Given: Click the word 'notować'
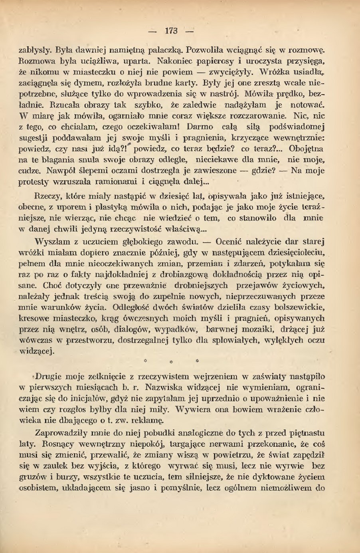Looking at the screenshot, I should click(x=309, y=105).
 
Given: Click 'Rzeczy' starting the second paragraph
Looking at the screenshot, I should click(x=47, y=196).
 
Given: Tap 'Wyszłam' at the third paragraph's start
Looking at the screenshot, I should click(x=49, y=242).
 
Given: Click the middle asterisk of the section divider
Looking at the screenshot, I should click(x=171, y=362).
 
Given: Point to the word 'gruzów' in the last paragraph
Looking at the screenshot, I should click(x=32, y=477).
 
